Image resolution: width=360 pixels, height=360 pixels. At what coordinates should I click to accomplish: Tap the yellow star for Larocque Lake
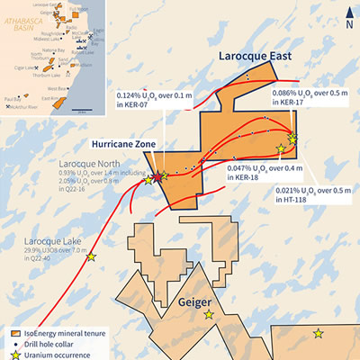click(90, 258)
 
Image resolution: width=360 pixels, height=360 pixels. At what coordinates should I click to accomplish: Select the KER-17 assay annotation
click(306, 98)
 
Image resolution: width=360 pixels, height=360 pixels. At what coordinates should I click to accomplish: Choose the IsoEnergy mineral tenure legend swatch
click(12, 332)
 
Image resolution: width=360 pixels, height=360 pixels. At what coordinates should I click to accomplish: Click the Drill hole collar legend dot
click(12, 343)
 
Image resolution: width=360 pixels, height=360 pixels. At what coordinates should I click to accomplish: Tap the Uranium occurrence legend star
click(12, 354)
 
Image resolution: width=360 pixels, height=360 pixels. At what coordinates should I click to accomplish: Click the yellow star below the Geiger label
click(209, 315)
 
